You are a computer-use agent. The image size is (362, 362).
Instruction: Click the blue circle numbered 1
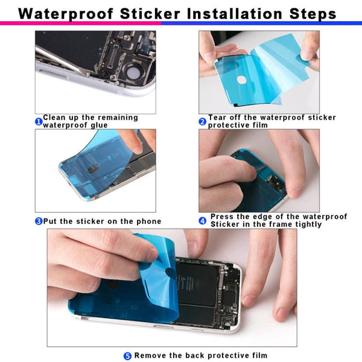[39, 122]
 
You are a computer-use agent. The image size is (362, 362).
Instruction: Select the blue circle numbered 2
[203, 121]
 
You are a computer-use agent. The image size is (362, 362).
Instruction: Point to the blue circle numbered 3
[39, 221]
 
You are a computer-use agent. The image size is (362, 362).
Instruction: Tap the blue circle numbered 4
[203, 221]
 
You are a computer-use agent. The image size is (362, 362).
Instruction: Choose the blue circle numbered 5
[127, 356]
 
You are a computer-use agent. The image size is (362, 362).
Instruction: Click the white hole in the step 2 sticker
[242, 79]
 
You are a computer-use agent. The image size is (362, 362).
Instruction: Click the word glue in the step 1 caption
[99, 125]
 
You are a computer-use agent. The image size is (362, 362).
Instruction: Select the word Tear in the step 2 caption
[218, 118]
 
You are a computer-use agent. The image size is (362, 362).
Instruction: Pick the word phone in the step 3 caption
[149, 221]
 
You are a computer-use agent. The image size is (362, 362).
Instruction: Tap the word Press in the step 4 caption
[221, 217]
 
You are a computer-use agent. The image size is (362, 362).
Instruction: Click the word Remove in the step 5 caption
[150, 356]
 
